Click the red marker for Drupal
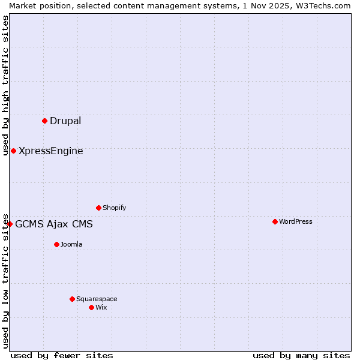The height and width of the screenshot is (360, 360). [44, 121]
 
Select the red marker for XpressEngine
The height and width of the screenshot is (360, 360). [13, 151]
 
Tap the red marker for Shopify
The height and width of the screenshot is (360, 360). [98, 208]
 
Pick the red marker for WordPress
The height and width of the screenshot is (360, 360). [275, 221]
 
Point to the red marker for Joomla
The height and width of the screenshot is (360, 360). [56, 244]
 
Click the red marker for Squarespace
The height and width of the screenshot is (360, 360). [72, 299]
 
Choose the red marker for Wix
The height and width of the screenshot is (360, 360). [91, 307]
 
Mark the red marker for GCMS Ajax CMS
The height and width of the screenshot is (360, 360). [10, 224]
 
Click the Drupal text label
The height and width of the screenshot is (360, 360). [65, 121]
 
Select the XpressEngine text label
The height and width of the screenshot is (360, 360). [51, 151]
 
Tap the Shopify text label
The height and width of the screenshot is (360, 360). [114, 208]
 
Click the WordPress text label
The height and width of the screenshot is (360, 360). [296, 221]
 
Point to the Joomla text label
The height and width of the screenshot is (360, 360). [71, 244]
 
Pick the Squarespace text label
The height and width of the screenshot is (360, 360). [97, 299]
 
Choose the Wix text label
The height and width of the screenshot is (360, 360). [101, 307]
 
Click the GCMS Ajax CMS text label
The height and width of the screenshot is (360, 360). [54, 224]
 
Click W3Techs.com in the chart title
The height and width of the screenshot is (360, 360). [325, 5]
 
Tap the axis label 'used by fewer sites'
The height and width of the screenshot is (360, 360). [62, 355]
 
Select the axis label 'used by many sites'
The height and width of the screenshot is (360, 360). [301, 355]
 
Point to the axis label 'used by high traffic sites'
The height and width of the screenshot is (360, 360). [5, 85]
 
